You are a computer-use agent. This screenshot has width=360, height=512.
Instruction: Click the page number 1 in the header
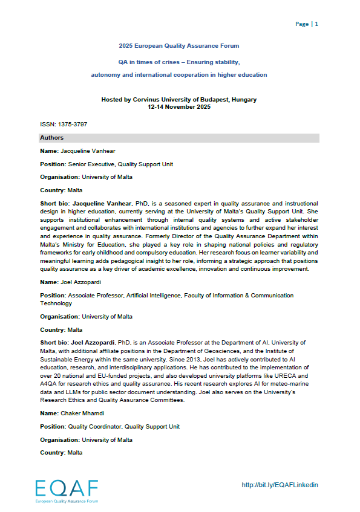(x=316, y=24)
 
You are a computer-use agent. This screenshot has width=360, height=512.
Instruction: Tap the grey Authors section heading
(x=52, y=138)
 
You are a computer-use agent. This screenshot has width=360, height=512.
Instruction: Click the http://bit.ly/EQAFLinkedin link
(x=280, y=485)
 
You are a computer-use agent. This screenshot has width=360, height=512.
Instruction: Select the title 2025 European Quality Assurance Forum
(x=179, y=46)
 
